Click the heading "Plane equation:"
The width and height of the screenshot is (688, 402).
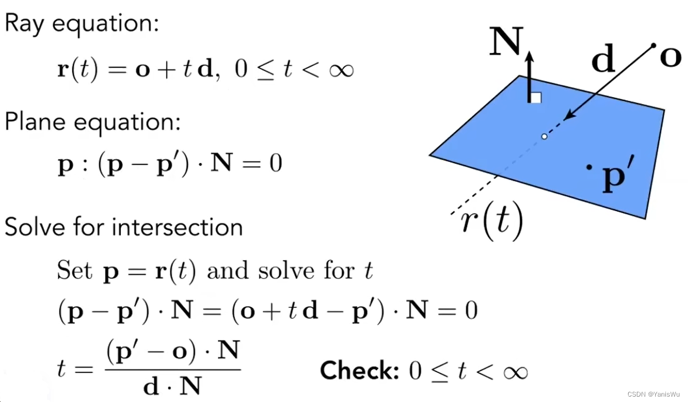(92, 122)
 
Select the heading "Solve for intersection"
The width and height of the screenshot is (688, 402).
(124, 227)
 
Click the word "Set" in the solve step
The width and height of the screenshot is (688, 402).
(74, 270)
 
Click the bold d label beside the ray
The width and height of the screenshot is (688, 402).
(603, 60)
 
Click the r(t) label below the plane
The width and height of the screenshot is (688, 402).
(492, 223)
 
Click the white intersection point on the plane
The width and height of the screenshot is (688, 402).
(544, 137)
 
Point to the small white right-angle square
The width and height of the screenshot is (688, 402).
(536, 98)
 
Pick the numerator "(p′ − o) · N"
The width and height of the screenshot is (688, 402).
(173, 352)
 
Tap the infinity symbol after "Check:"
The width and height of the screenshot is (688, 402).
(513, 371)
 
